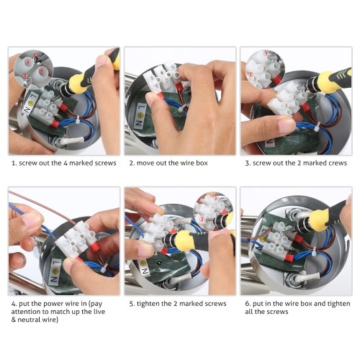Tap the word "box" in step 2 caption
pyautogui.click(x=202, y=163)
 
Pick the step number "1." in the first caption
pyautogui.click(x=14, y=163)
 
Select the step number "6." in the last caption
pyautogui.click(x=248, y=304)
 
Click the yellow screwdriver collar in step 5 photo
pyautogui.click(x=184, y=241)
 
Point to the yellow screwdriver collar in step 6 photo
pyautogui.click(x=318, y=218)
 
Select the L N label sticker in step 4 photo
pyautogui.click(x=55, y=271)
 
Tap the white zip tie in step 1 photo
pyautogui.click(x=78, y=120)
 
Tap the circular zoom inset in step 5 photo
pyautogui.click(x=213, y=211)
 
